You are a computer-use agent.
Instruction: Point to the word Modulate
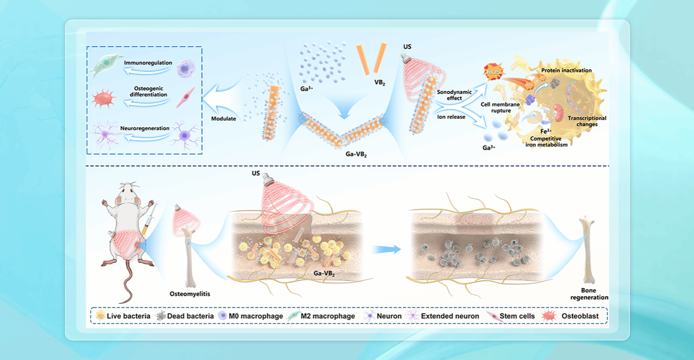pyautogui.click(x=224, y=119)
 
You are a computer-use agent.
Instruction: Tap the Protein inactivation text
pyautogui.click(x=566, y=71)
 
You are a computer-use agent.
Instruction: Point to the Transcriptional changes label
pyautogui.click(x=586, y=121)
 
